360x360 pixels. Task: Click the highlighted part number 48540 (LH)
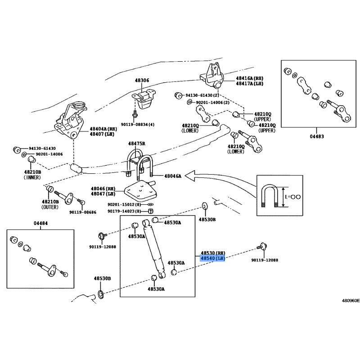[212, 259]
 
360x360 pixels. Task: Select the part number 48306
[141, 81]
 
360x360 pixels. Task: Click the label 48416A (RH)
[250, 78]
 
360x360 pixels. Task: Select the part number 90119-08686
[82, 212]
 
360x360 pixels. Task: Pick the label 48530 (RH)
[213, 253]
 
